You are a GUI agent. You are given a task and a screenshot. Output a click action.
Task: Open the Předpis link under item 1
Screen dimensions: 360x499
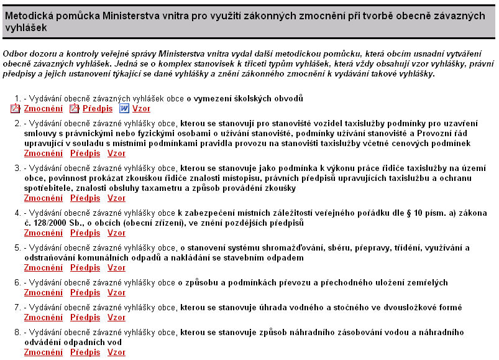[98, 108]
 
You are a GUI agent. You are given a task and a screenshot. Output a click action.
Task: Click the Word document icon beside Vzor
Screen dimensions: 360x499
[124, 108]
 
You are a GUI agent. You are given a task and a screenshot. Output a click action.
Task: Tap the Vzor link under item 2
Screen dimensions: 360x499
[116, 153]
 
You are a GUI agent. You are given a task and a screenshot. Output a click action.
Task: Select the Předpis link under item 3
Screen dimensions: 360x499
[85, 198]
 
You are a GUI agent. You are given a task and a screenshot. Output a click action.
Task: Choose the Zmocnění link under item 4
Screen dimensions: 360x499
[43, 233]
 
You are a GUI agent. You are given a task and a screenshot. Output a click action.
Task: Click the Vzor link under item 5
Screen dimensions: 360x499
[116, 268]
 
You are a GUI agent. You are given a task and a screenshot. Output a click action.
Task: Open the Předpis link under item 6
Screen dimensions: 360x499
[85, 293]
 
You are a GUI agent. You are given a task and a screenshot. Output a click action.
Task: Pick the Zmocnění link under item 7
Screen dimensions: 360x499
[43, 318]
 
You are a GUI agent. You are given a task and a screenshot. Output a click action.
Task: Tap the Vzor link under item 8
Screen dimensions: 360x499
[116, 353]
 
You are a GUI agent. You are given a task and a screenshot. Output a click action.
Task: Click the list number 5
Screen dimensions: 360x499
[17, 248]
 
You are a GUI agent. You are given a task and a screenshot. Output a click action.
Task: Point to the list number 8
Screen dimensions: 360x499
[17, 333]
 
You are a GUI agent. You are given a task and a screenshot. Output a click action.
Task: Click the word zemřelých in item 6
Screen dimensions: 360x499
[426, 283]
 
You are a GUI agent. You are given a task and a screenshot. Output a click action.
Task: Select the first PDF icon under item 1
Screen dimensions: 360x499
[16, 108]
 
